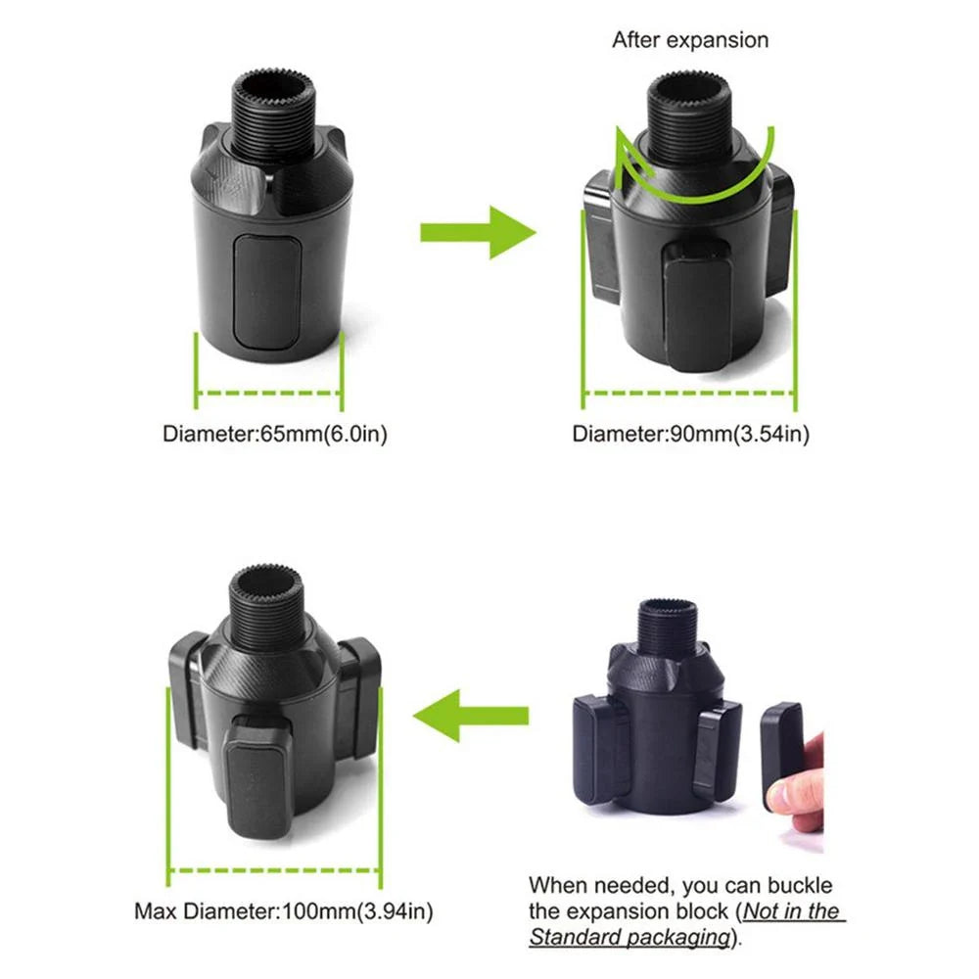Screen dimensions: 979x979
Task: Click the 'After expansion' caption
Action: click(690, 40)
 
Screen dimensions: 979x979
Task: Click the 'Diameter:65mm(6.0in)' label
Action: click(274, 434)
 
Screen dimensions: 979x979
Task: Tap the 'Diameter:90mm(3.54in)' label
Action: click(690, 434)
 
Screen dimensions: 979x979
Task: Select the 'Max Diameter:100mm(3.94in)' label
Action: click(283, 912)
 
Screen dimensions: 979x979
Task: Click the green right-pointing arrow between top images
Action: click(478, 232)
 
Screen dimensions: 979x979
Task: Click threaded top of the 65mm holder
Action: click(271, 108)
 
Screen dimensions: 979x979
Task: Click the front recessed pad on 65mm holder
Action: click(267, 291)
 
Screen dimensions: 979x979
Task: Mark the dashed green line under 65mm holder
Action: click(269, 396)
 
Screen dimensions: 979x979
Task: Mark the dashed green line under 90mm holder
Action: click(689, 394)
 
